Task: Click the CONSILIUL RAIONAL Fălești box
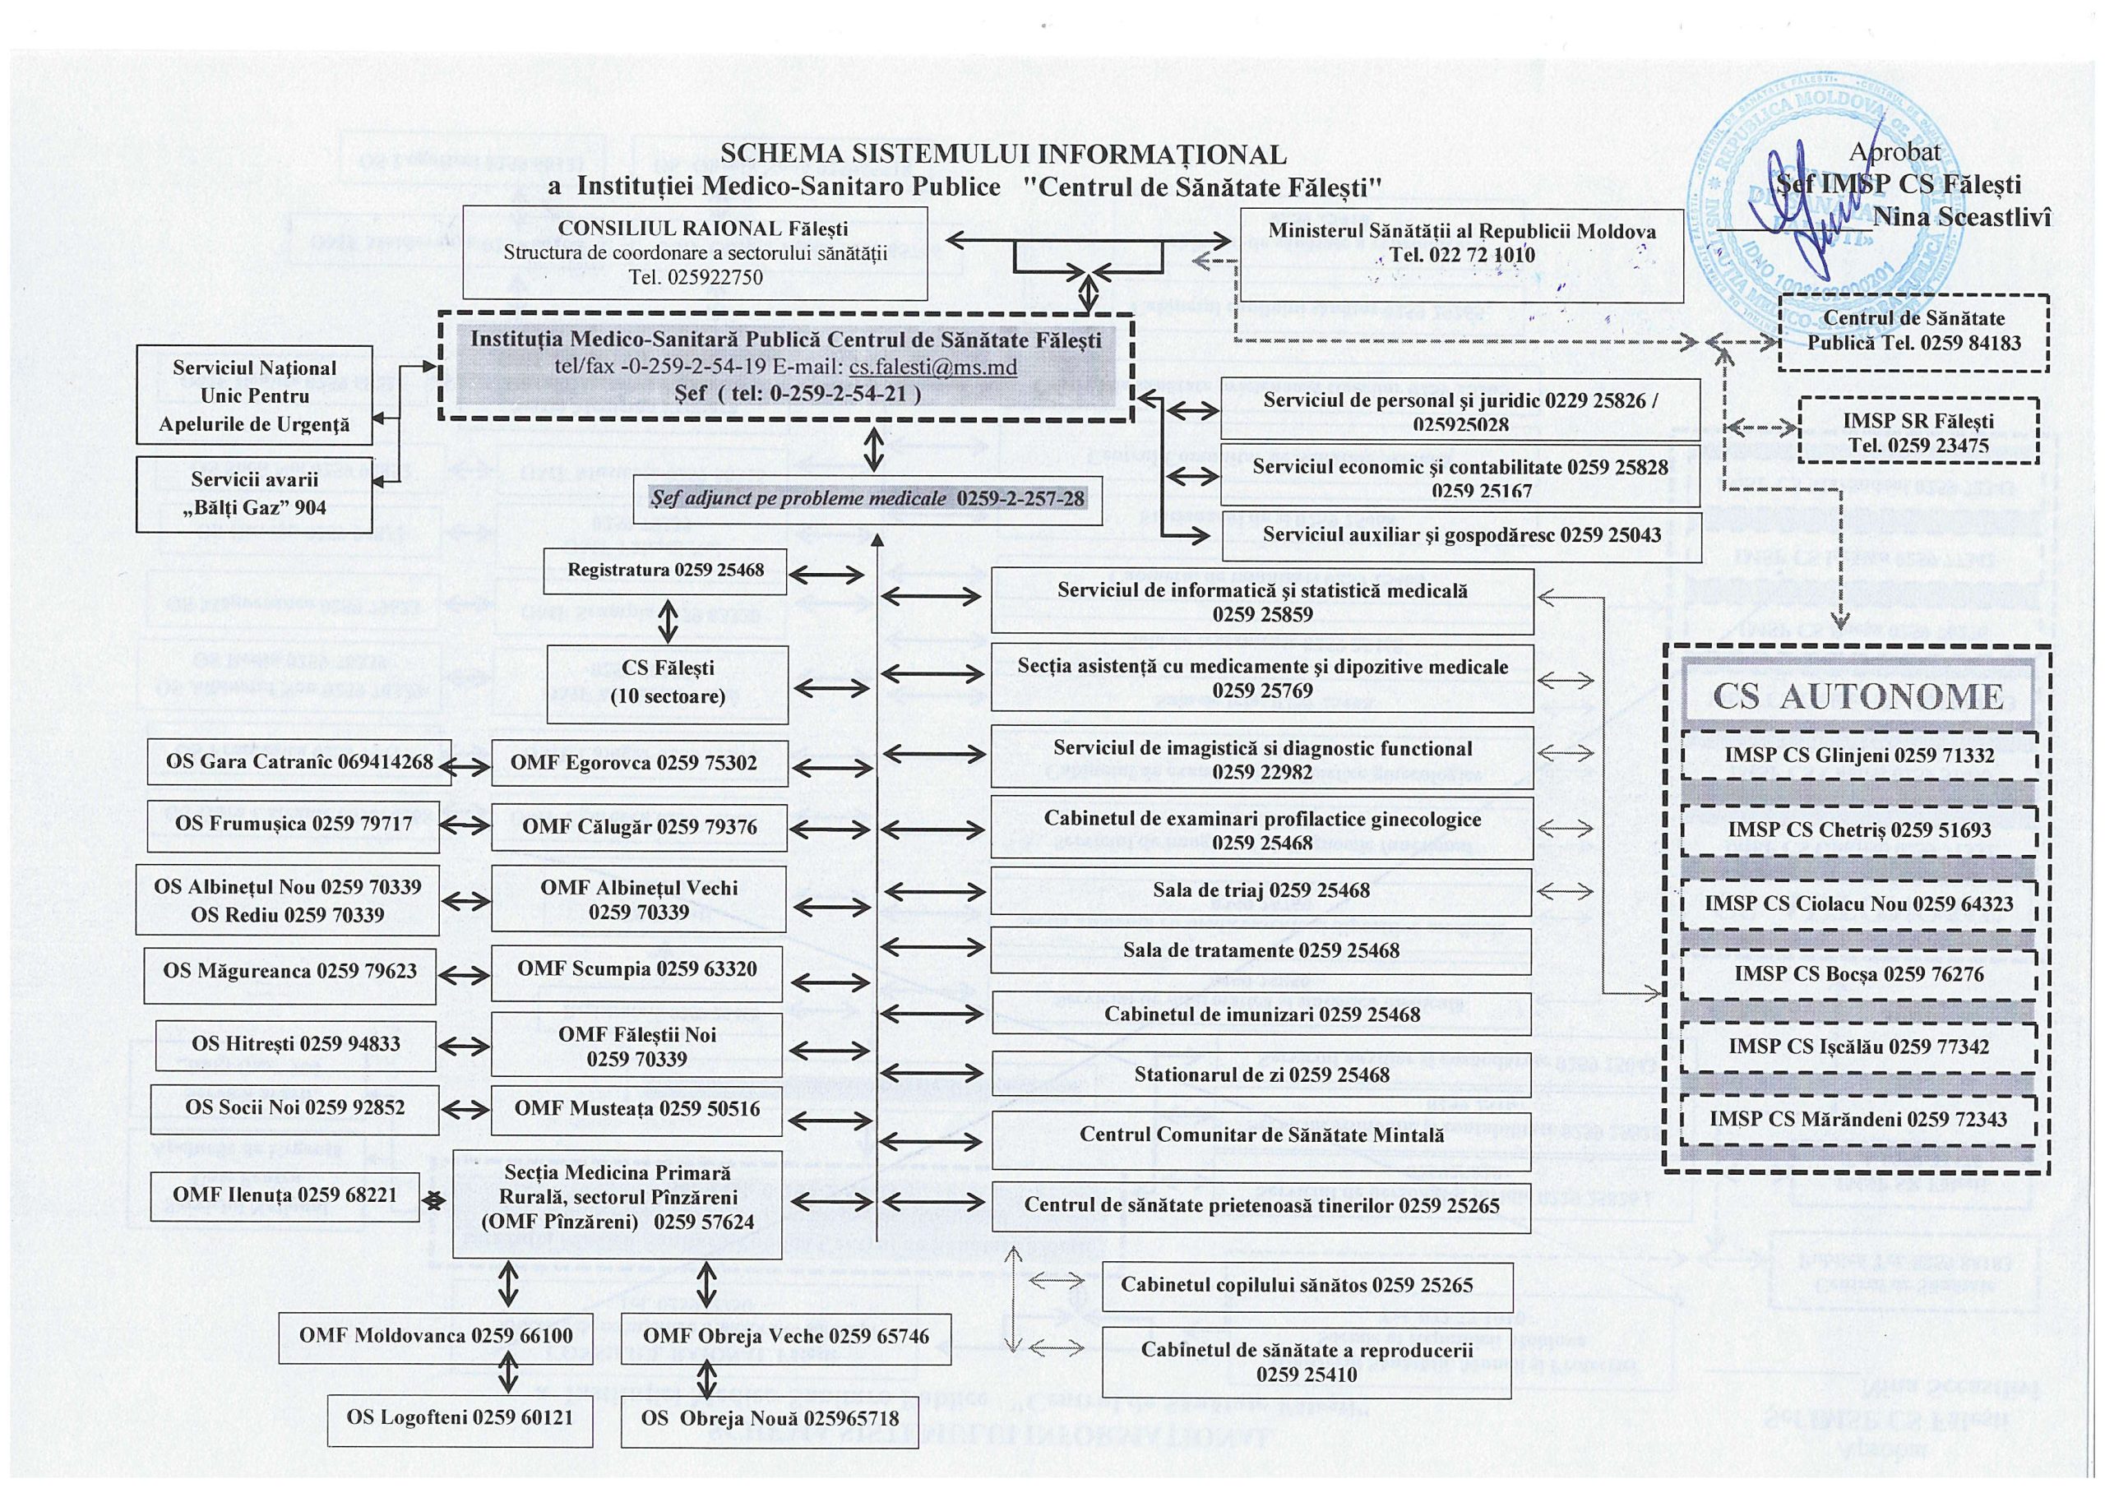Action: click(x=694, y=252)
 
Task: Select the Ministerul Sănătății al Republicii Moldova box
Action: click(x=1461, y=243)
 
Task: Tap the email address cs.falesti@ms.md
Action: click(x=932, y=367)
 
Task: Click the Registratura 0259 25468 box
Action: click(x=664, y=571)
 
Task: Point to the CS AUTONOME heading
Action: click(x=1857, y=697)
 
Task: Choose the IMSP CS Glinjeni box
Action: click(x=1858, y=755)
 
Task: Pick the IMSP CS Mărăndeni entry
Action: click(x=1858, y=1119)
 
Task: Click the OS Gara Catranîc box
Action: click(x=298, y=762)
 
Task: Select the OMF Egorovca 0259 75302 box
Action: click(x=638, y=763)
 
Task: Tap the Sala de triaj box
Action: click(x=1261, y=890)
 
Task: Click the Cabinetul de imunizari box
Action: click(x=1261, y=1014)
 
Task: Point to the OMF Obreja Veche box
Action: click(x=786, y=1336)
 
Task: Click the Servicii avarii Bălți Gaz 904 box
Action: click(x=254, y=494)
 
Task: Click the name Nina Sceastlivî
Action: click(x=1961, y=216)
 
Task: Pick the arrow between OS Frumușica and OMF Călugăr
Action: click(x=464, y=825)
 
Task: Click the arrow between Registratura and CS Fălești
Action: click(x=669, y=621)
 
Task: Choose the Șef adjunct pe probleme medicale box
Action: click(x=867, y=499)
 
